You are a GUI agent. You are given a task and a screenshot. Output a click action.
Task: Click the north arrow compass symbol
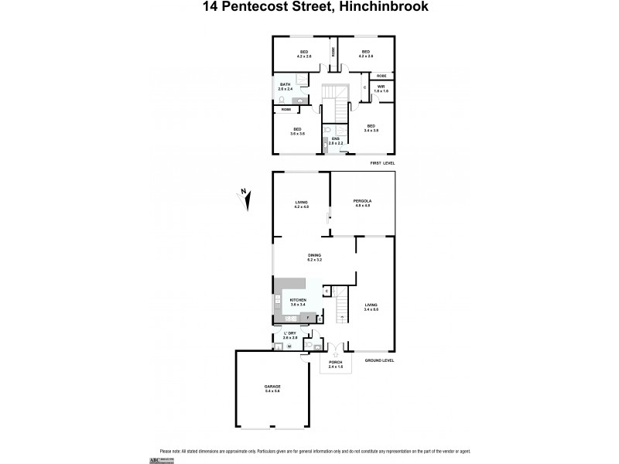tap(246, 199)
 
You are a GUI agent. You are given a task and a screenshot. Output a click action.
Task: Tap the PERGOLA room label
tap(363, 203)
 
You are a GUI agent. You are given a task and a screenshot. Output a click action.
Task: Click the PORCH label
tap(335, 363)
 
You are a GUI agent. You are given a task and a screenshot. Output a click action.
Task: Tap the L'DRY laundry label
tap(290, 335)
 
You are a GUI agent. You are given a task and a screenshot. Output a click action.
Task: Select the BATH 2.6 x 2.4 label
tap(286, 87)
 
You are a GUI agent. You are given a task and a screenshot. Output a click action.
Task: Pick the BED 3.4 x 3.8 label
tap(371, 129)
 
